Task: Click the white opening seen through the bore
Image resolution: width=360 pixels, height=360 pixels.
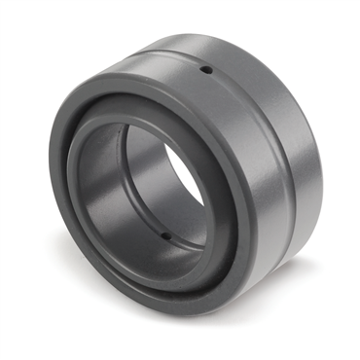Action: tap(184, 175)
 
